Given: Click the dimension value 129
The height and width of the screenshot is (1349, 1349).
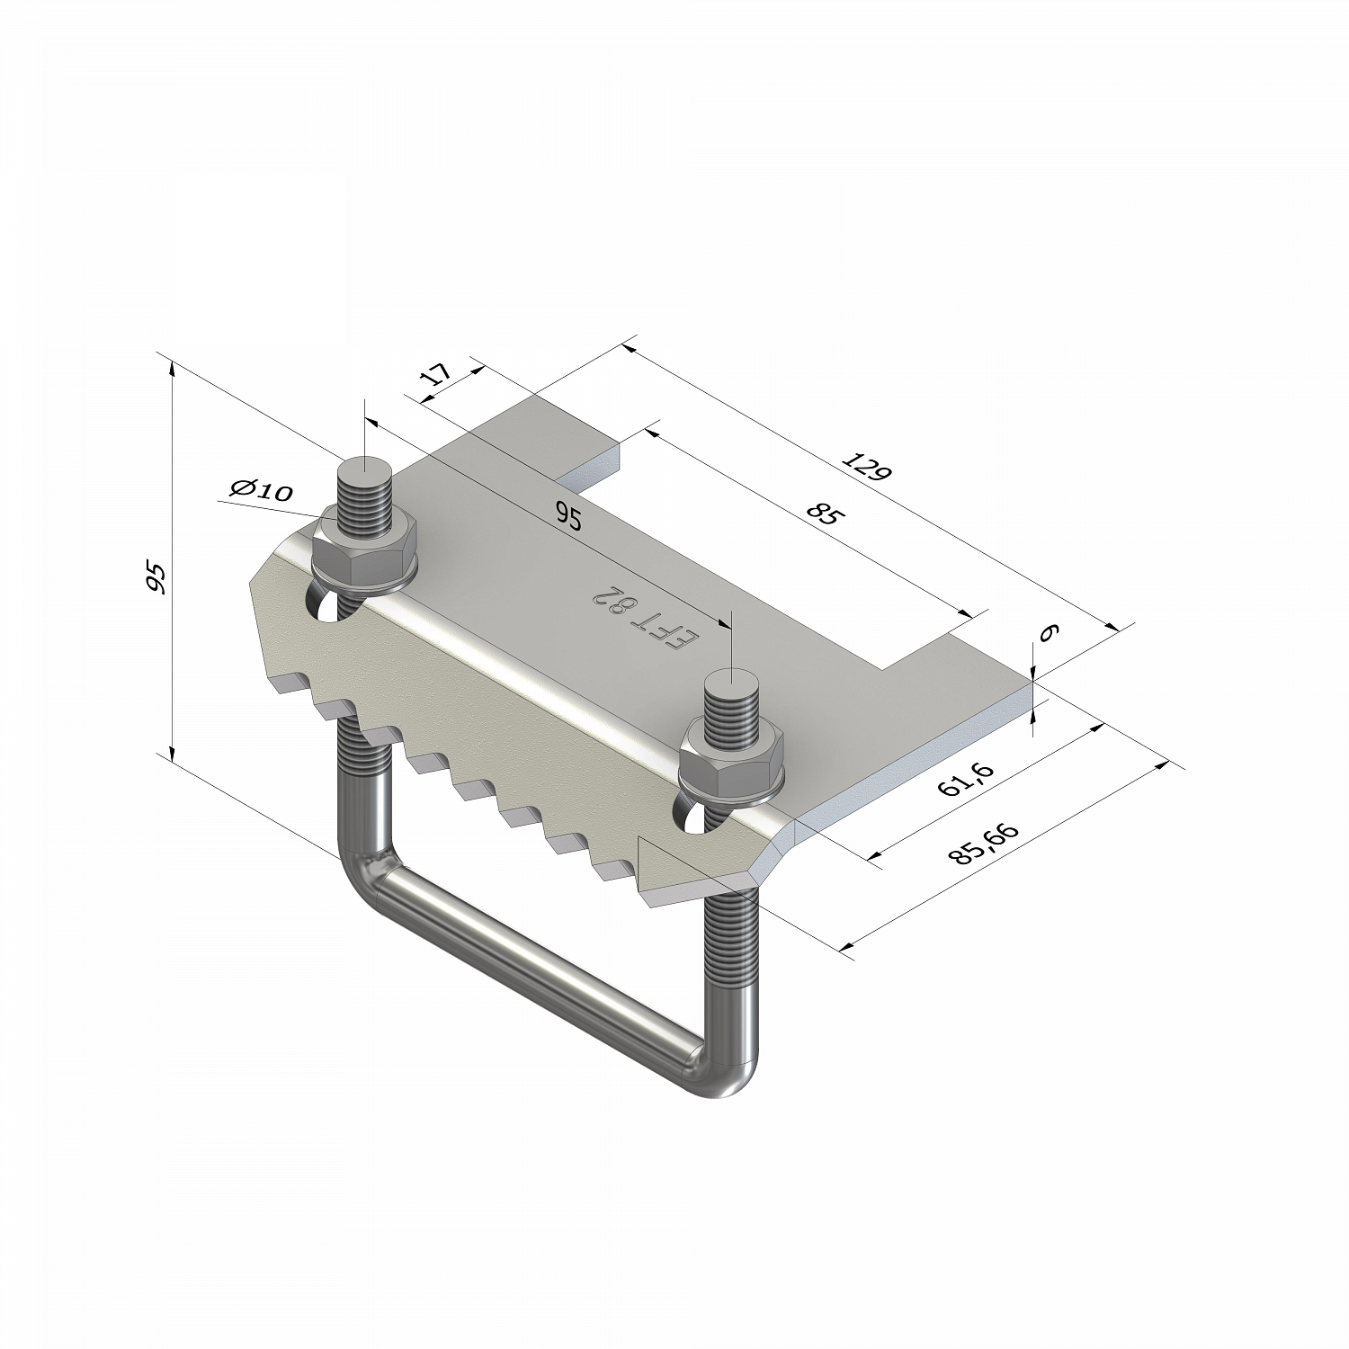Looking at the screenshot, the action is coord(866,468).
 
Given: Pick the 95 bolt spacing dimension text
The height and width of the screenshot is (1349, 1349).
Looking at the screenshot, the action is coord(568,516).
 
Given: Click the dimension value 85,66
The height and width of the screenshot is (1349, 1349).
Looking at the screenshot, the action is coord(983,844).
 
